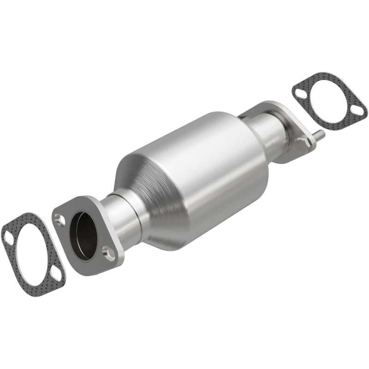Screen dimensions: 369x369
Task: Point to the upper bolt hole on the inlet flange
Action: [x=60, y=220]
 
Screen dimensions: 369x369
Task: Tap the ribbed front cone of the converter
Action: [x=138, y=184]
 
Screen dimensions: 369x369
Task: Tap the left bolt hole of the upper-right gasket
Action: [x=300, y=93]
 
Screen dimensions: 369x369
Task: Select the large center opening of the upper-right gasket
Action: [x=329, y=102]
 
